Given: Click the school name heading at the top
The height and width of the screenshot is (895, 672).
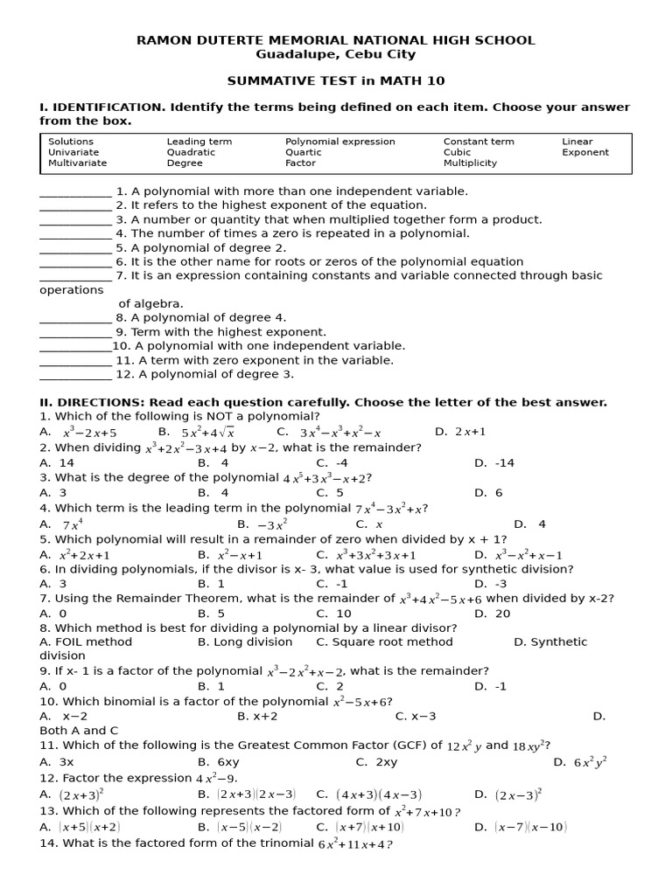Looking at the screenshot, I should pyautogui.click(x=336, y=40).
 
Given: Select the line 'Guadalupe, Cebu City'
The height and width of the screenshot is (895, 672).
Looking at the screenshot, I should pyautogui.click(x=336, y=54).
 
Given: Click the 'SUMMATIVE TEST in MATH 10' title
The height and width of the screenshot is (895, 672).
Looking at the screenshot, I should pyautogui.click(x=336, y=81).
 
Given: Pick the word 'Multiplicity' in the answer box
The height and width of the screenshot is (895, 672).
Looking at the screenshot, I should pyautogui.click(x=470, y=163).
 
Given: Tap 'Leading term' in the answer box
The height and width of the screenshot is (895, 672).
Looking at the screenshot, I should pyautogui.click(x=199, y=142).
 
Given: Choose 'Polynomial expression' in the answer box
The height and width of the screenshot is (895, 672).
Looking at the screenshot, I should pyautogui.click(x=340, y=142).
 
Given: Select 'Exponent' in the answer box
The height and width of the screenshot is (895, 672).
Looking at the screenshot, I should pyautogui.click(x=585, y=152).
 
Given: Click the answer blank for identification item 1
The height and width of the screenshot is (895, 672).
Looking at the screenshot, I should pyautogui.click(x=75, y=192).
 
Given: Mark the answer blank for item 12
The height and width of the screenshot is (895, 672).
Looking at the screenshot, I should pyautogui.click(x=75, y=375).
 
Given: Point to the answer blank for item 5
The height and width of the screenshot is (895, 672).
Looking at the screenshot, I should pyautogui.click(x=75, y=248).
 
